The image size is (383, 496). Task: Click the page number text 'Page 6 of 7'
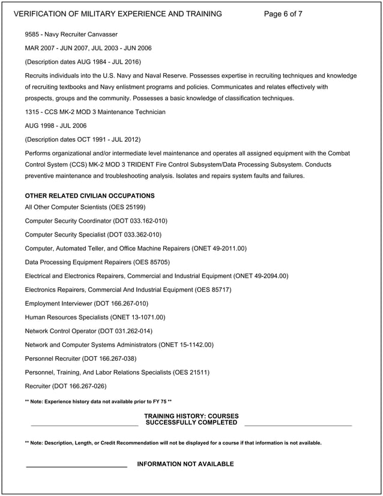pos(283,14)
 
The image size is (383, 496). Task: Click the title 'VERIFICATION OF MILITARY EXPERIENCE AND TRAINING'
pos(118,14)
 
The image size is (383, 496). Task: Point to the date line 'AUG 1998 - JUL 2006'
pos(56,126)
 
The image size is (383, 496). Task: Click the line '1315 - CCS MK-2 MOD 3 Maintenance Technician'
pos(95,112)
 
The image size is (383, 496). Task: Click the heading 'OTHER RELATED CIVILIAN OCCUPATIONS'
pos(89,196)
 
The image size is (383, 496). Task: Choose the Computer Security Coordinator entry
pos(96,221)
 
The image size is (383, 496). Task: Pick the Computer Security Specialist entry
pos(93,235)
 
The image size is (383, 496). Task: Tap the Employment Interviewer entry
pos(86,304)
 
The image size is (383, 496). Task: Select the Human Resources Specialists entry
pos(95,317)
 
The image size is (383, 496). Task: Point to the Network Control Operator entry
pos(88,331)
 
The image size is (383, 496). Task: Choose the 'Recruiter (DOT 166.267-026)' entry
pos(70,386)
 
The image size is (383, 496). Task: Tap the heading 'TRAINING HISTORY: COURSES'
pos(191,416)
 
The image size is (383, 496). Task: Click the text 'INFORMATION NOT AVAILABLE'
pos(185,464)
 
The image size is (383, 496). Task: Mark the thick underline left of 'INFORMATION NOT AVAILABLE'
pos(76,467)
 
